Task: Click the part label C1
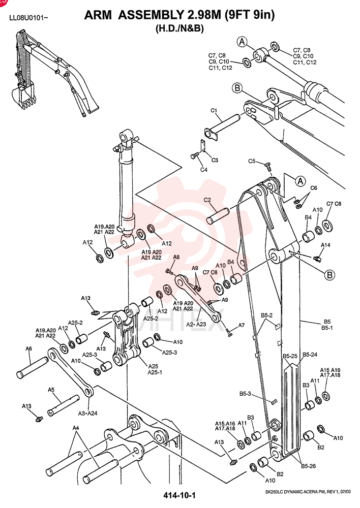pyautogui.click(x=214, y=110)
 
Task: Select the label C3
pyautogui.click(x=215, y=160)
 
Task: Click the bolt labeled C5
pyautogui.click(x=267, y=167)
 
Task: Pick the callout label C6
pyautogui.click(x=314, y=188)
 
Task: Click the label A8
pyautogui.click(x=176, y=257)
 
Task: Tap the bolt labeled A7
pyautogui.click(x=230, y=333)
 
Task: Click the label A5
pyautogui.click(x=51, y=390)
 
